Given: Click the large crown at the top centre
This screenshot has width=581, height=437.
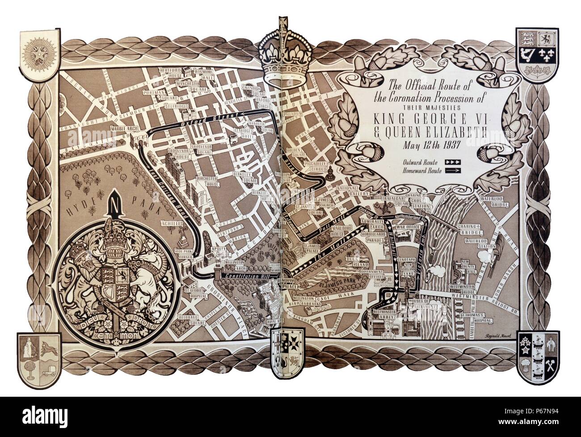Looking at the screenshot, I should click(x=283, y=58).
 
